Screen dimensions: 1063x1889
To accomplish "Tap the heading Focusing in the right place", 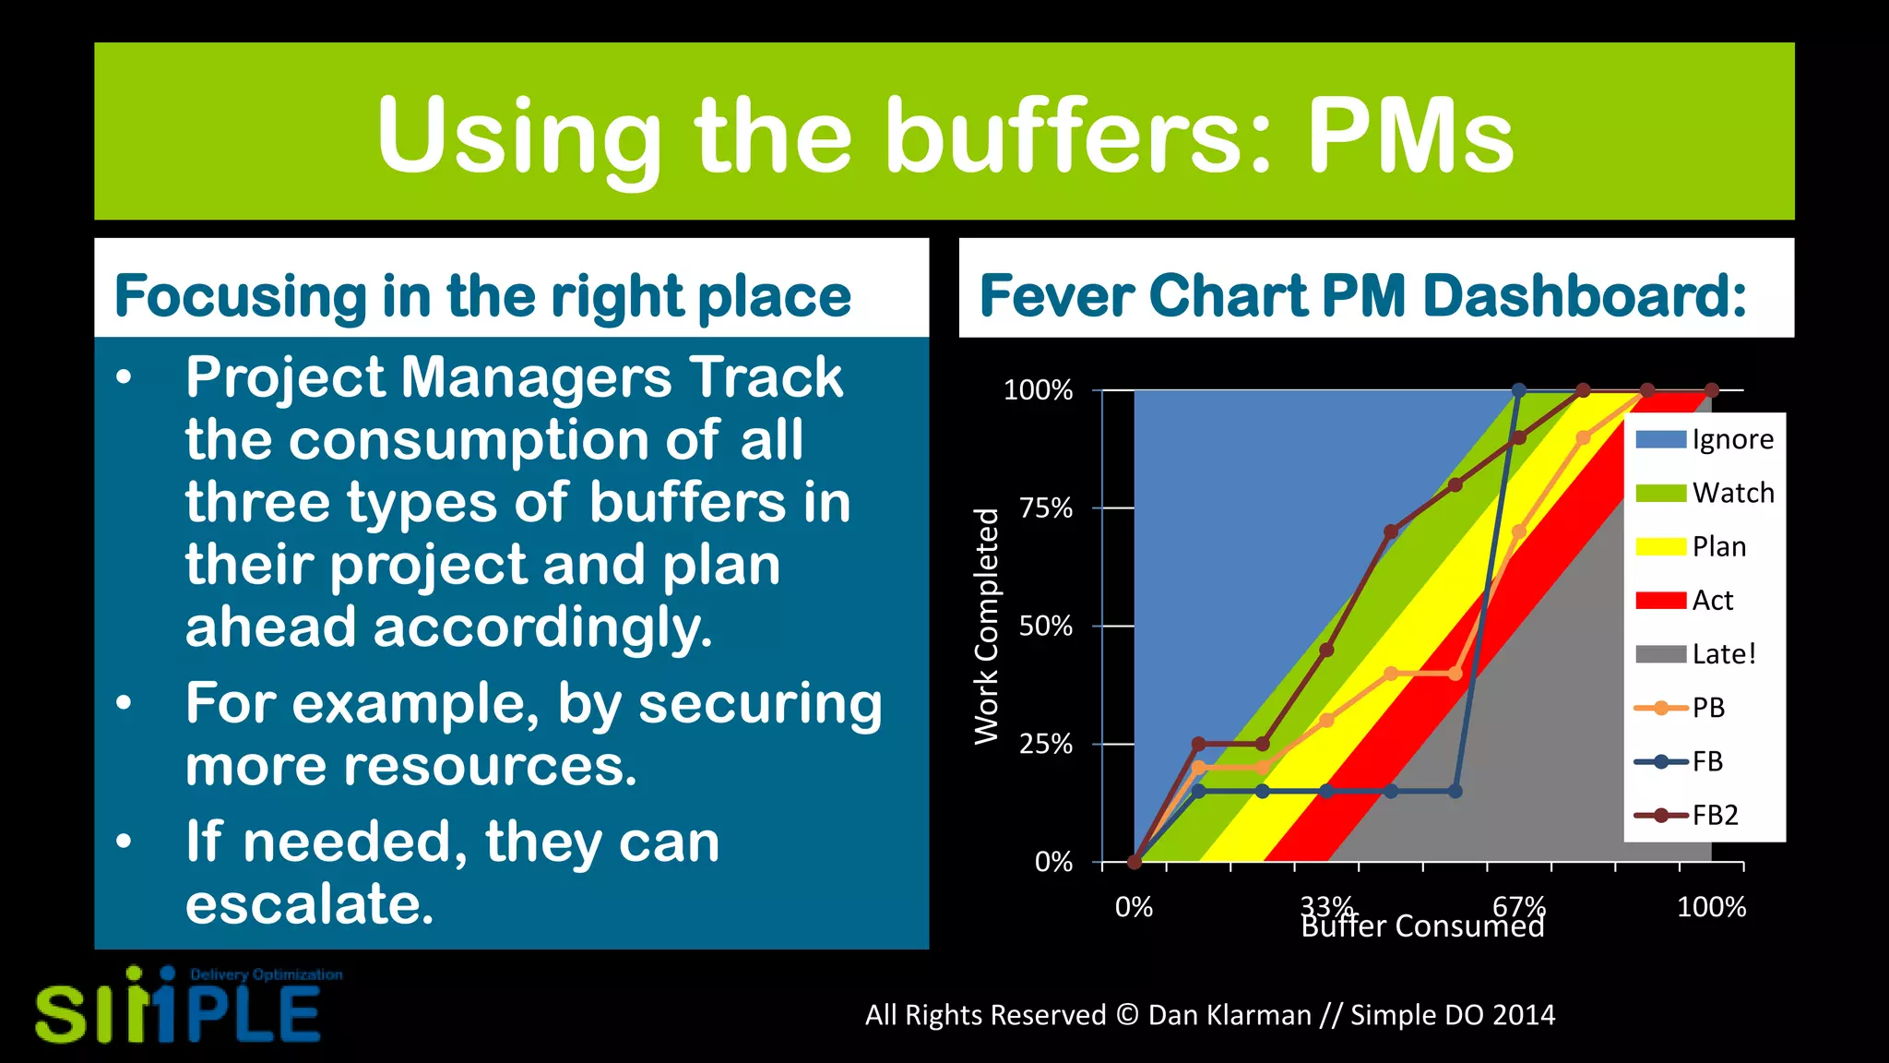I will (481, 296).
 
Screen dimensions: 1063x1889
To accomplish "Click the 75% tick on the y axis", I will (1046, 508).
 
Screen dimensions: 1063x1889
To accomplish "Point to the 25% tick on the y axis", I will (1046, 744).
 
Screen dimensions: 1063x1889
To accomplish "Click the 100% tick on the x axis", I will (1711, 907).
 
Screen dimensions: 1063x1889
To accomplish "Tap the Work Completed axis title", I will (987, 626).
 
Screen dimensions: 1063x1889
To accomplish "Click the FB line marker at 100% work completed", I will (1519, 390).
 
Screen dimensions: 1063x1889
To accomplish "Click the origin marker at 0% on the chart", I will (1135, 862).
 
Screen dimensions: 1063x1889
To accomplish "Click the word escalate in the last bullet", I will (309, 903).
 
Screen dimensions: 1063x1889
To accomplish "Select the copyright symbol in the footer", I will (1127, 1015).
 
